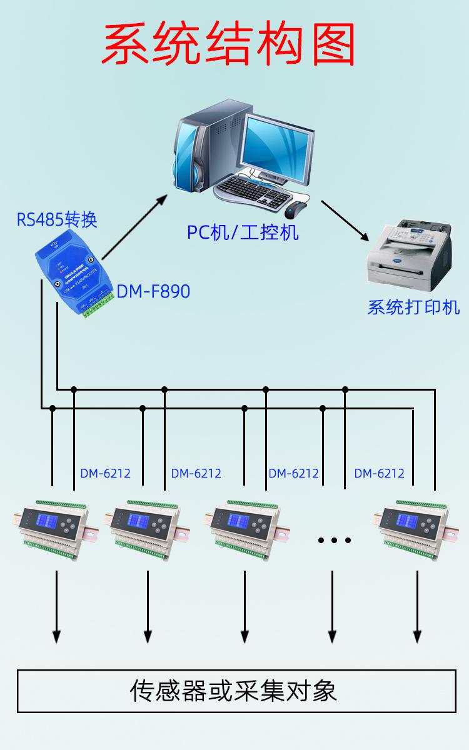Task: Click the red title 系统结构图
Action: [229, 45]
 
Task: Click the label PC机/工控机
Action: [243, 232]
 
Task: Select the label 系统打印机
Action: [413, 307]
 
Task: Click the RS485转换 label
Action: [57, 220]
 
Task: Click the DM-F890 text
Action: [153, 291]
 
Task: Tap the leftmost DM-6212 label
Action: [106, 473]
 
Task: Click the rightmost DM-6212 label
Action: [379, 473]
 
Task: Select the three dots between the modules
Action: [335, 539]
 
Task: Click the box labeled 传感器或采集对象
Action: [236, 691]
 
